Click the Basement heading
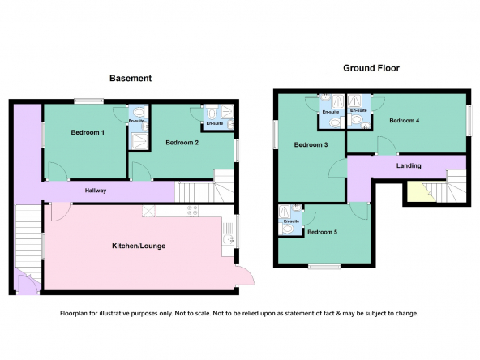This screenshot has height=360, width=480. (131, 79)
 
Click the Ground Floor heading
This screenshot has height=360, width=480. (371, 68)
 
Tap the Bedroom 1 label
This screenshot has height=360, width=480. (88, 132)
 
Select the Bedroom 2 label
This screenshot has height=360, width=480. (182, 143)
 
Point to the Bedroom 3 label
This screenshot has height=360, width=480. (311, 144)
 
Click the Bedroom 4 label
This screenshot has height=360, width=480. (404, 120)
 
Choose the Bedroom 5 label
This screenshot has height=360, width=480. (322, 232)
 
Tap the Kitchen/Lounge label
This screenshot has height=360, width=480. (139, 246)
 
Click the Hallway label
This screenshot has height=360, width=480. (96, 191)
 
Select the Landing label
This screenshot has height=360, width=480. (409, 165)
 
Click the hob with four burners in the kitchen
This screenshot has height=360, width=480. (192, 211)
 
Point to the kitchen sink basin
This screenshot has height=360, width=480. (228, 239)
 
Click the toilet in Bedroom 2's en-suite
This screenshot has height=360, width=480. (212, 114)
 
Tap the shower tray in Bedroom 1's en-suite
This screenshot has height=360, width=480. (139, 141)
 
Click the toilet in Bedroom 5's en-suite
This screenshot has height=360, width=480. (288, 229)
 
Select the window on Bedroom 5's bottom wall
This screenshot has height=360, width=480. (324, 266)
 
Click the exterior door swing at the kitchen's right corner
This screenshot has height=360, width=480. (246, 275)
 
